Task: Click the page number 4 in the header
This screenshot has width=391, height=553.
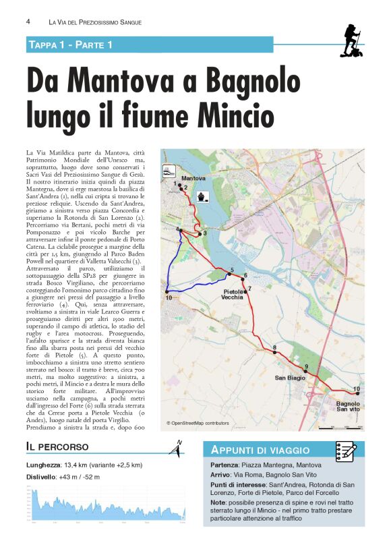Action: [28, 22]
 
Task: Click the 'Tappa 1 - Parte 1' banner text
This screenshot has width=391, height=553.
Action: [70, 45]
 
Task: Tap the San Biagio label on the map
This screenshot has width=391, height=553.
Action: [291, 378]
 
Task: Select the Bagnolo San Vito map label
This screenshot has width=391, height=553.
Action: [348, 406]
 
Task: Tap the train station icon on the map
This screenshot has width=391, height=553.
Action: [169, 171]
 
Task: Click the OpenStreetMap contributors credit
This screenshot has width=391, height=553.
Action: [198, 424]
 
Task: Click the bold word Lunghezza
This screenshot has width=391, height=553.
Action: [43, 465]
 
